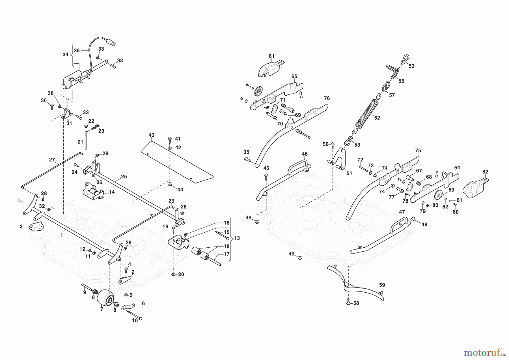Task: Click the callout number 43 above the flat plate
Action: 152,135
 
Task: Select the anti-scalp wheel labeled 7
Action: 105,298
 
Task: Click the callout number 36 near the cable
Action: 77,51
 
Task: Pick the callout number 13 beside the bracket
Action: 237,238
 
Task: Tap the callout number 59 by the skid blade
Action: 382,285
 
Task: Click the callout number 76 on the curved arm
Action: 327,98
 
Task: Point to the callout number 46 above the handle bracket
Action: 305,154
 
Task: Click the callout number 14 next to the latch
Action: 112,192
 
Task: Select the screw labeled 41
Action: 169,139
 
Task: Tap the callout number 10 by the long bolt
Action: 135,320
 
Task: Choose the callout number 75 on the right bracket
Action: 418,150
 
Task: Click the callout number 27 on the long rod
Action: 52,160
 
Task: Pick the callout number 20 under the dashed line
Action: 181,274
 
